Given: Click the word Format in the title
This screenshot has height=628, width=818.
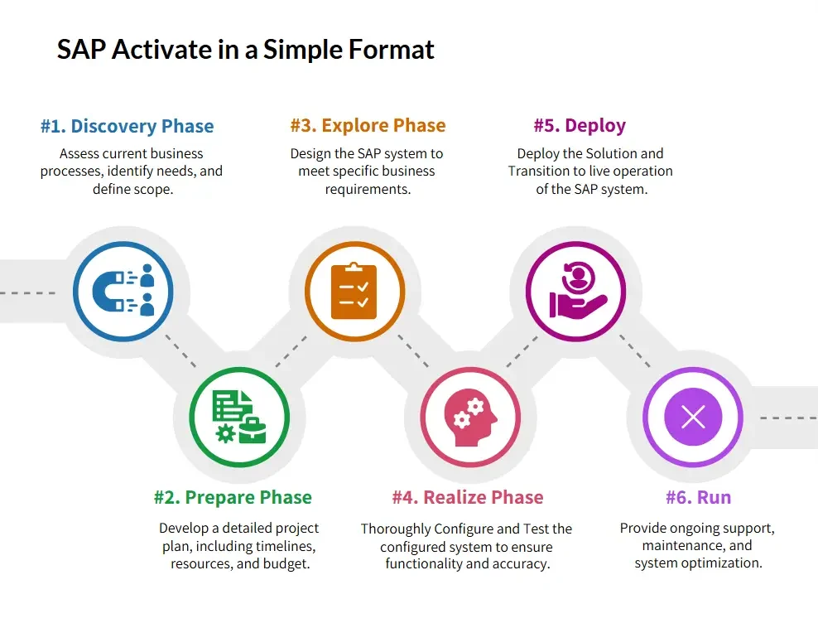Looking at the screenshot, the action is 391,50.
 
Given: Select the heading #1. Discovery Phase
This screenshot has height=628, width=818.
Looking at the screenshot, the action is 128,126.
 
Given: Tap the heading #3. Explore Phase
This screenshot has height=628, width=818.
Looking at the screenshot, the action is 368,125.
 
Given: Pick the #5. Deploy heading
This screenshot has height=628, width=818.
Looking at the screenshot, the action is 580,126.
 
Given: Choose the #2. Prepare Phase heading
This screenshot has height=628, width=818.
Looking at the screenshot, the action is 233,497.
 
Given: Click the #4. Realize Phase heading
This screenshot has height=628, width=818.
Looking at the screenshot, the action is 468,497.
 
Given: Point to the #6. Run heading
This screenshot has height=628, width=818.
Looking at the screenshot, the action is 699,497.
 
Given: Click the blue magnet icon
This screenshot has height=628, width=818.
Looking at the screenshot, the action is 108,292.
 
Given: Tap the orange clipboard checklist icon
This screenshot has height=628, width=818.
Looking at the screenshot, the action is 354,291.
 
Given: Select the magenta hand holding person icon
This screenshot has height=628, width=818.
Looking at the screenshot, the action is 578,290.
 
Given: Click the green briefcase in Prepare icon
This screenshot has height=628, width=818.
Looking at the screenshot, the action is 253,431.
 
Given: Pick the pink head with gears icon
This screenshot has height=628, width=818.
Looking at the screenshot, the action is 470,418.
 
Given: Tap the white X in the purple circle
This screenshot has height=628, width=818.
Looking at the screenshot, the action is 693,417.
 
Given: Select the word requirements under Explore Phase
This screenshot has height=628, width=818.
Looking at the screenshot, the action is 368,189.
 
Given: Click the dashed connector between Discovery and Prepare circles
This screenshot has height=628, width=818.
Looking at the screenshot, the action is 180,350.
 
